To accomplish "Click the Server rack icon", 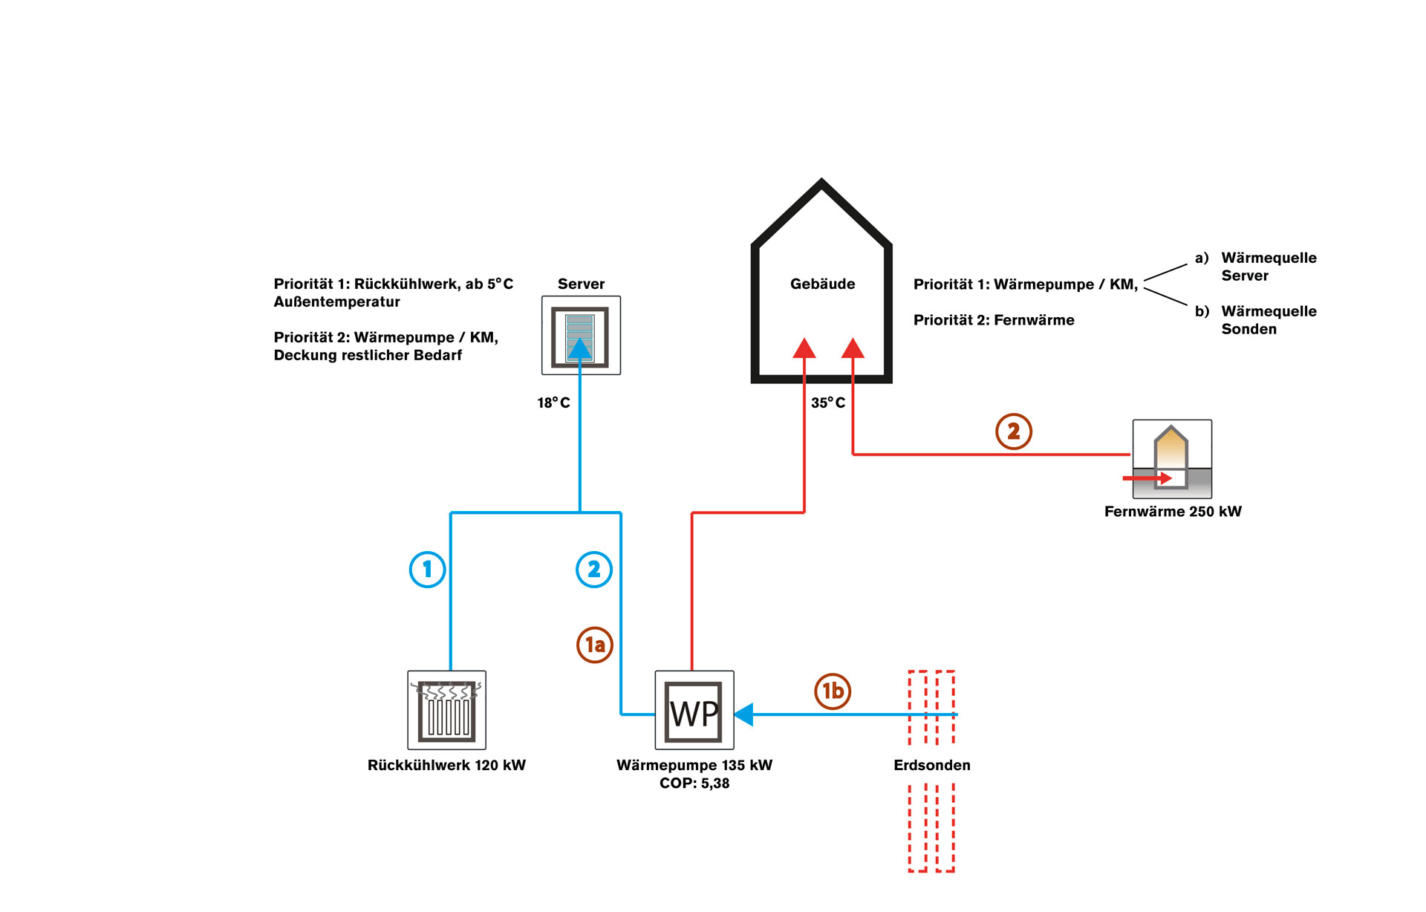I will tap(581, 336).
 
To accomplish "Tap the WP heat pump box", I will tap(694, 711).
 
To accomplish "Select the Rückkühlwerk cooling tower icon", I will tap(446, 711).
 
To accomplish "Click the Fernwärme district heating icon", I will tap(1172, 459).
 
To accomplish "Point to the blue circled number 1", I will tap(428, 570).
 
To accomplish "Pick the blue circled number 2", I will tap(594, 570).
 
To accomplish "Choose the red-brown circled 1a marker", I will tap(595, 645).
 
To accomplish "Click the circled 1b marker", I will tap(833, 691).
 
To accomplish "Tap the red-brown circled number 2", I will tap(1014, 431).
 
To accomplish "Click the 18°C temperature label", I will tap(554, 403).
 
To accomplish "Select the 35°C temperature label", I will tap(828, 403).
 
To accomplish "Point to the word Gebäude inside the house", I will tap(822, 284).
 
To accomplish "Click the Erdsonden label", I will tap(932, 765).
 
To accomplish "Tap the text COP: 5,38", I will tap(694, 783).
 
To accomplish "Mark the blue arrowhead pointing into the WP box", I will tap(743, 714).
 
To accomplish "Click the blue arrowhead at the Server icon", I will tap(580, 349).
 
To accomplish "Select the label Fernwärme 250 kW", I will tap(1173, 511).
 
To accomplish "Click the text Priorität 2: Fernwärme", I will tap(994, 320).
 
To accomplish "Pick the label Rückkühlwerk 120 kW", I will tap(446, 765).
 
